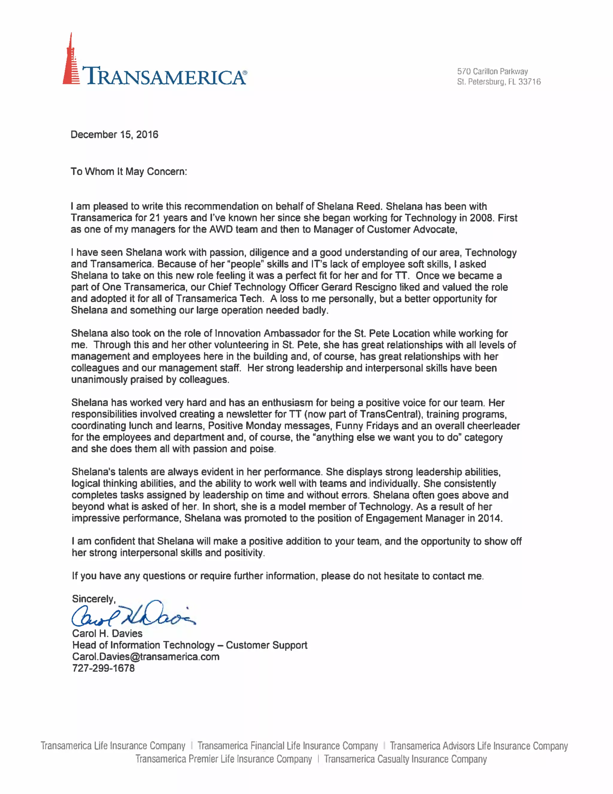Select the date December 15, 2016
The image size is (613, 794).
(x=114, y=135)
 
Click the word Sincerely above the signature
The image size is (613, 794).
(x=93, y=599)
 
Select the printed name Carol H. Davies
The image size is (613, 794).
(x=107, y=633)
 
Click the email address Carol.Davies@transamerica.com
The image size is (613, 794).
(x=146, y=656)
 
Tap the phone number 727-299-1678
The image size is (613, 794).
(x=103, y=668)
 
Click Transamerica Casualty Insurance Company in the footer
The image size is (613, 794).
(x=405, y=760)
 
